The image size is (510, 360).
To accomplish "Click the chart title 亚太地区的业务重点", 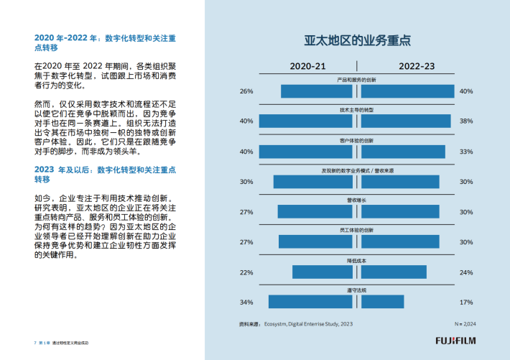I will click(357, 40).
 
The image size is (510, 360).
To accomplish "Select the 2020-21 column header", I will click(307, 66).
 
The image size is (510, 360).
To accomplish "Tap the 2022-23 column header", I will click(417, 66).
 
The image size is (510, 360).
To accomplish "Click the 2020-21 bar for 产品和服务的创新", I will click(316, 91).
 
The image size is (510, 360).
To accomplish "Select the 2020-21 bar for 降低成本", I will click(322, 272).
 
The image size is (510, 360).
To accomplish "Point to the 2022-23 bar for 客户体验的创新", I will click(403, 152).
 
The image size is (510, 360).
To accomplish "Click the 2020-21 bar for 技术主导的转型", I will click(305, 121).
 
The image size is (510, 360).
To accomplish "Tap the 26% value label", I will click(246, 91).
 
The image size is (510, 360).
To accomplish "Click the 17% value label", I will click(466, 302).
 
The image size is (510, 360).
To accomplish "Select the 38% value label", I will click(466, 121).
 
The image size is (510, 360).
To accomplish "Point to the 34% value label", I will click(246, 302).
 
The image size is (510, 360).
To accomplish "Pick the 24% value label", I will click(466, 272).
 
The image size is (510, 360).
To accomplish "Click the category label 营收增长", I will click(357, 200).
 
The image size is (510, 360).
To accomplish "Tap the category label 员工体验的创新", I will click(357, 230).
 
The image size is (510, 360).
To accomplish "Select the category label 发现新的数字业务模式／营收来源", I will click(357, 170).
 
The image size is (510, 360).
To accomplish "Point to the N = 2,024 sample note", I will click(464, 324).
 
